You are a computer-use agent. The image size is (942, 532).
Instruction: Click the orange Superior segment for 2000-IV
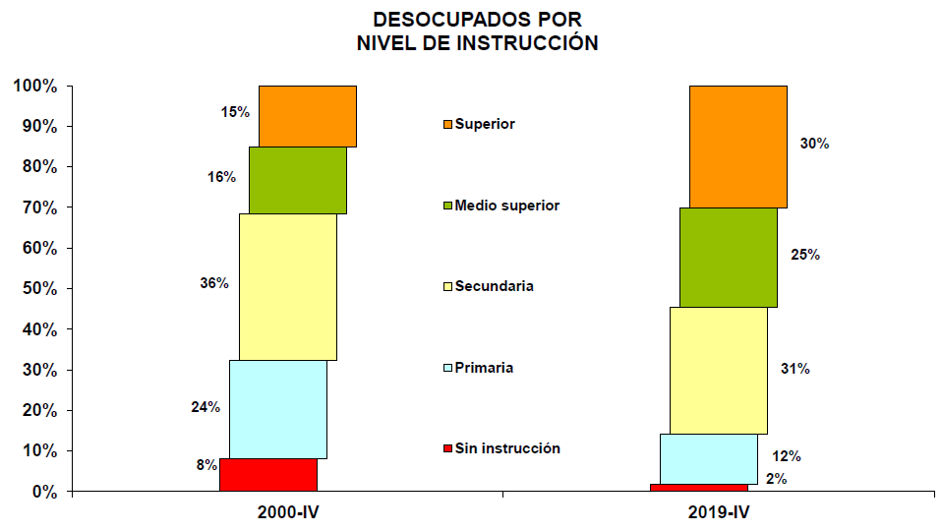pos(307,116)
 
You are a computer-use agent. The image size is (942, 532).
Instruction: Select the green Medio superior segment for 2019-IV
pos(728,257)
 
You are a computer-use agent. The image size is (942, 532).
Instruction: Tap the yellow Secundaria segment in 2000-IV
pos(287,286)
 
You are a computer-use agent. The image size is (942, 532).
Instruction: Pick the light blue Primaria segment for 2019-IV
pos(708,458)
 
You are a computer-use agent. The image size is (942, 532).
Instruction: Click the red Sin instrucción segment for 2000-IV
pos(267,474)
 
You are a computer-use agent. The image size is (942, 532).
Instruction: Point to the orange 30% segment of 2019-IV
pos(737,146)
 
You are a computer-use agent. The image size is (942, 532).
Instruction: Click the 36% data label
pos(213,283)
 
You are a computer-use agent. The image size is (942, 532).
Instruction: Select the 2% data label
pos(777,479)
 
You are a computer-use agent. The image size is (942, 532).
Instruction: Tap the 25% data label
pos(805,255)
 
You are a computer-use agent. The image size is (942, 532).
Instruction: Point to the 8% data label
pos(206,465)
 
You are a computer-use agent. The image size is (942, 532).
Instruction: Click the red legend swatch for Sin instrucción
pos(447,449)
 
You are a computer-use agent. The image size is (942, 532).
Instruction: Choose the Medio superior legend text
pos(506,206)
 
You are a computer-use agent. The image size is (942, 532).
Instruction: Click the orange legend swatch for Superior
pos(447,125)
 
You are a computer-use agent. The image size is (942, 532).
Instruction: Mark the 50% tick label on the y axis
pos(38,288)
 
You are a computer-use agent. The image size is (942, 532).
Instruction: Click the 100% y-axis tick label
pos(35,87)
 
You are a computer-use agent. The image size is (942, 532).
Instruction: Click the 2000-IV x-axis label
pos(287,512)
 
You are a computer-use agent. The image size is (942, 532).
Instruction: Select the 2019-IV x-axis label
pos(718,512)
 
